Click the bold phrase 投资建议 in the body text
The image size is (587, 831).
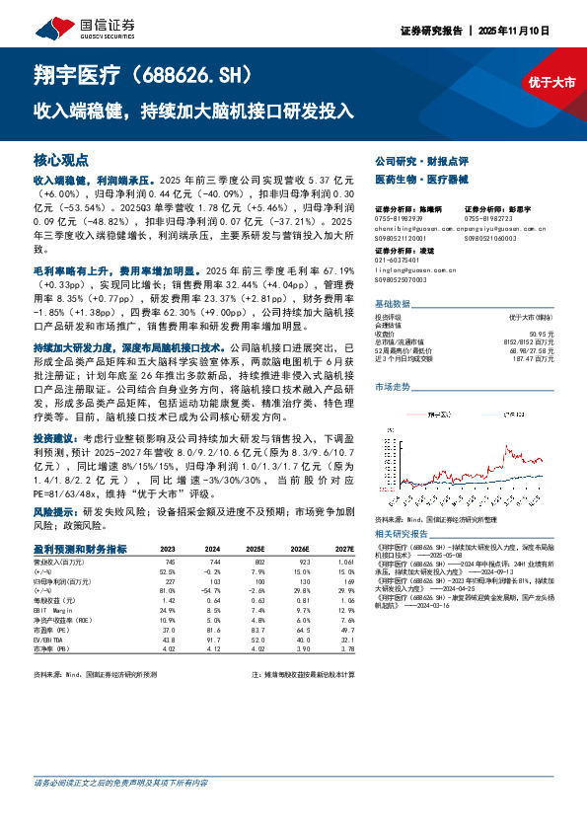52,436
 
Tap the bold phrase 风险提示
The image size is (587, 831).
52,514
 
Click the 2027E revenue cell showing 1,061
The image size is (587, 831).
344,562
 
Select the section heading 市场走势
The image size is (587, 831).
394,389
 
